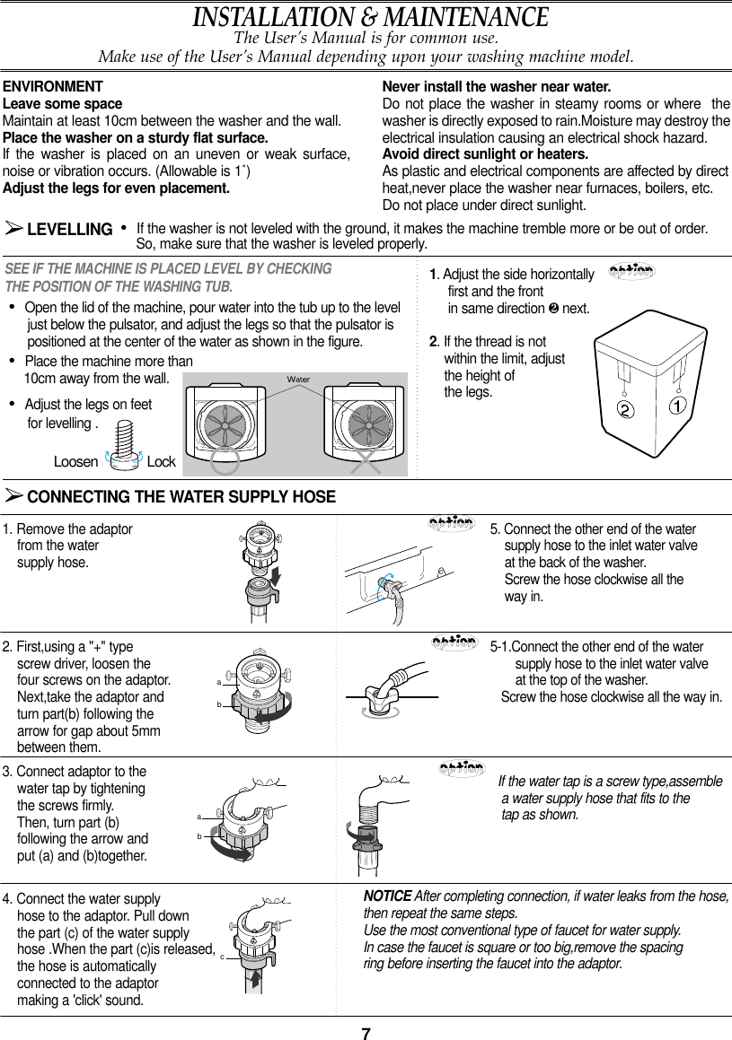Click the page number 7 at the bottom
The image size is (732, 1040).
[366, 1032]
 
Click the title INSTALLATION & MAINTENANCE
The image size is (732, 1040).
[370, 17]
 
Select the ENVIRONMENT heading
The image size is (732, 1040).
[53, 87]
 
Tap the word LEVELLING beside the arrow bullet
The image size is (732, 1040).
[70, 230]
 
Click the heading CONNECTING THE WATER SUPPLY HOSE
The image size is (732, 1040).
[181, 497]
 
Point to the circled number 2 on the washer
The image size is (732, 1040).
[622, 410]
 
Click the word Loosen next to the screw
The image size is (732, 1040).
[75, 461]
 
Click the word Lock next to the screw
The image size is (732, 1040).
[161, 461]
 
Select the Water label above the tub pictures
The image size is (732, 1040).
[297, 380]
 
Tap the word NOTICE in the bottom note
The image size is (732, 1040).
[387, 896]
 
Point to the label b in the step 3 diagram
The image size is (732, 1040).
[198, 835]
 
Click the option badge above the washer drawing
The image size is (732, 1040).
[631, 271]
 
